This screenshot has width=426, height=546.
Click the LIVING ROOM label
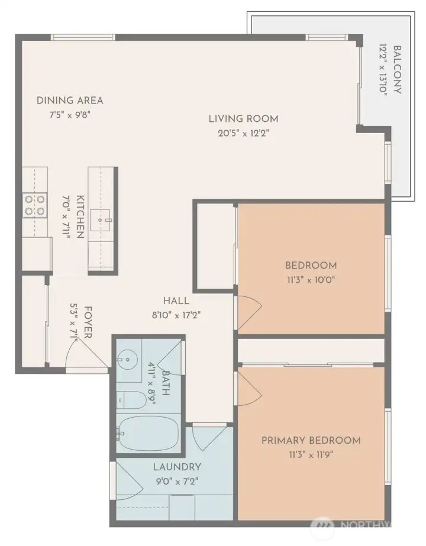pos(244,119)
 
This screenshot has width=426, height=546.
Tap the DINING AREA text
pos(70,101)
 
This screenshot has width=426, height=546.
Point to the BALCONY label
pos(397,70)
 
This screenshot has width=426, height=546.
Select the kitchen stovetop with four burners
pos(35,205)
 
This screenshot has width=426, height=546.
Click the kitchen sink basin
pos(101,220)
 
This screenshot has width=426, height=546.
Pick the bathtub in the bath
pos(149,434)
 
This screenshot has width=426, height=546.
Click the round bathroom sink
pos(127,359)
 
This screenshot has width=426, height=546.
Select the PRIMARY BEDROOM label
pos(311,441)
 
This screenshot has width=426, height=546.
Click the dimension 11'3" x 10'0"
pos(311,280)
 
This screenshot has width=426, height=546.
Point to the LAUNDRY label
pos(177,467)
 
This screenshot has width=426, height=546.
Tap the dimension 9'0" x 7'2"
pos(177,482)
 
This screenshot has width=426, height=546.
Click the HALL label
pos(176,301)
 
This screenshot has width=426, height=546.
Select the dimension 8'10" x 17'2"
pos(176,315)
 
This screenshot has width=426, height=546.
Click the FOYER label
pos(88,322)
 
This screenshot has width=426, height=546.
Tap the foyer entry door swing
pos(86,352)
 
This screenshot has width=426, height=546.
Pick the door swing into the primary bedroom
pos(250,389)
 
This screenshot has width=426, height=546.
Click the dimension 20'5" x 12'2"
pos(244,133)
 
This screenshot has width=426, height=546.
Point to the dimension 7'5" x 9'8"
pos(70,115)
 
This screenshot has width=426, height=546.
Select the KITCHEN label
pos(80,217)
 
